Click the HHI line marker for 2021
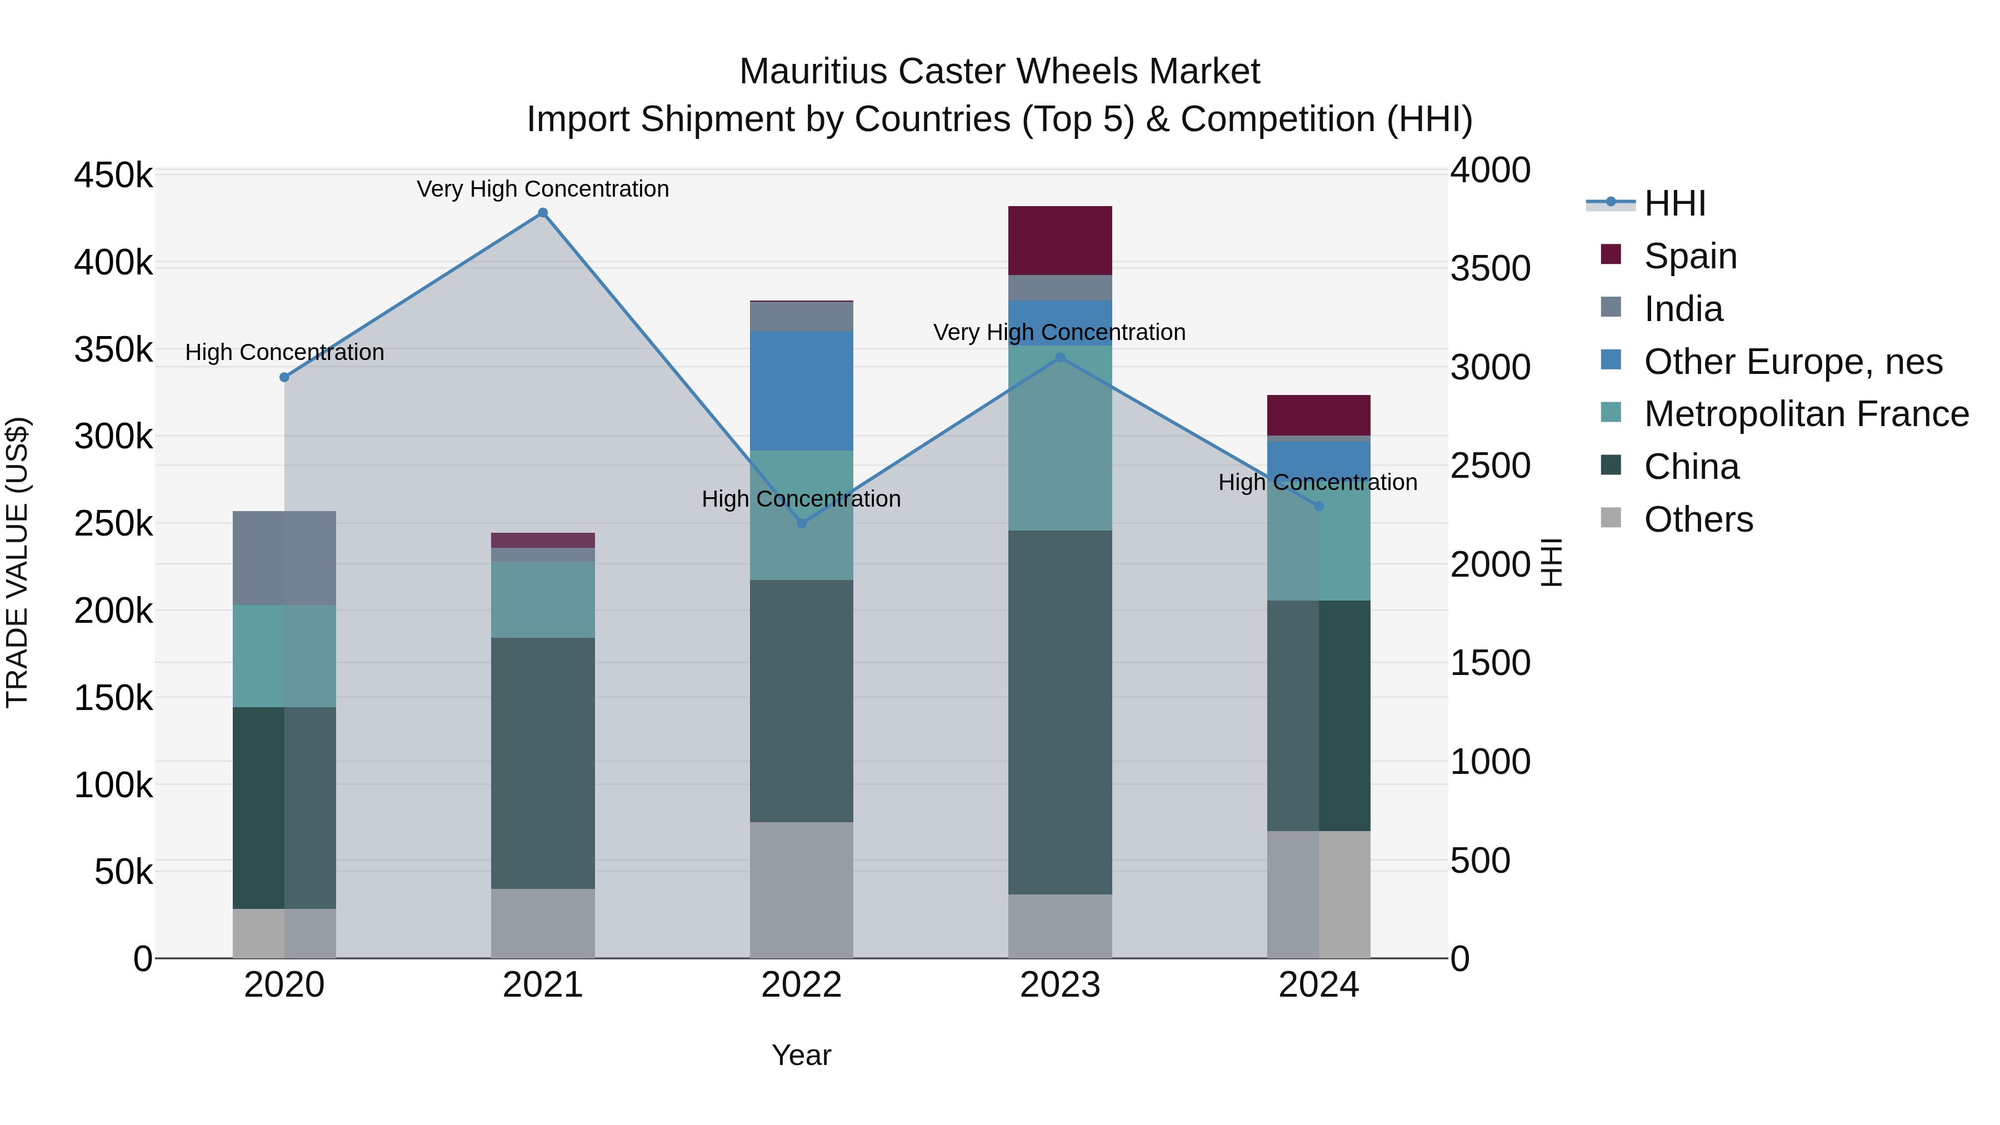click(x=543, y=213)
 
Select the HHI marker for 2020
click(x=284, y=377)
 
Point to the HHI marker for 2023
click(x=1060, y=358)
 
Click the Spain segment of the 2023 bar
click(x=1060, y=241)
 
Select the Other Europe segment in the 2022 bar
click(x=801, y=391)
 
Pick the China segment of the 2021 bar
click(x=543, y=763)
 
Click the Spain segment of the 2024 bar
click(x=1318, y=416)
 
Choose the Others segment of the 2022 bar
click(x=801, y=890)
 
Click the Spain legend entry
click(x=1689, y=256)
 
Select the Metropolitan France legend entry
click(x=1806, y=414)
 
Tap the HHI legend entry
click(x=1674, y=203)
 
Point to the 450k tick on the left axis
click(x=113, y=176)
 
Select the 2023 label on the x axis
click(x=1060, y=985)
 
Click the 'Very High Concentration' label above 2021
click(x=543, y=189)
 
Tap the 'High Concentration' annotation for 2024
click(x=1318, y=482)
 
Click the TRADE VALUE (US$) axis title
click(x=17, y=562)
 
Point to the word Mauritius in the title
click(x=812, y=72)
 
